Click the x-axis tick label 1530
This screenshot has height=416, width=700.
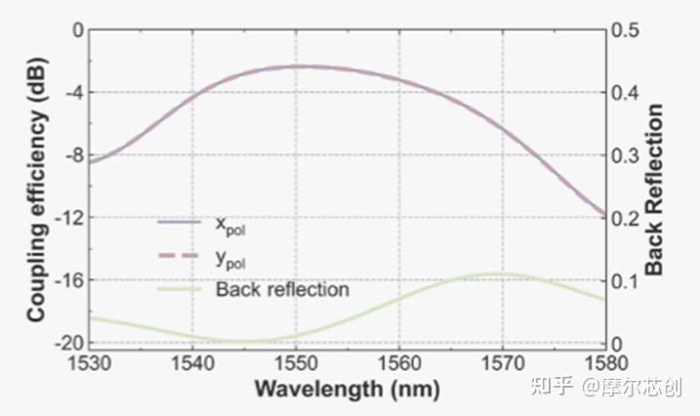pyautogui.click(x=89, y=363)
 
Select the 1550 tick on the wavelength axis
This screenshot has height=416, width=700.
pyautogui.click(x=296, y=363)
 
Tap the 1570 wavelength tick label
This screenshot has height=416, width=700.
pyautogui.click(x=503, y=363)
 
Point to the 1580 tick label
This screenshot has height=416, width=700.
pyautogui.click(x=606, y=363)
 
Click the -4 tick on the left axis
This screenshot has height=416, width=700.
pyautogui.click(x=73, y=93)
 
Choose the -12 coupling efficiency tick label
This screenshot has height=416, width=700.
pyautogui.click(x=68, y=218)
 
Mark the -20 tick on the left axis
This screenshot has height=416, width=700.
pyautogui.click(x=68, y=343)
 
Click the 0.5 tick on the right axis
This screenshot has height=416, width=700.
pyautogui.click(x=626, y=30)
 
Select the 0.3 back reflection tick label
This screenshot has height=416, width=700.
pyautogui.click(x=626, y=156)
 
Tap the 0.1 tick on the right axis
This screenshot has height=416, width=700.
pyautogui.click(x=626, y=281)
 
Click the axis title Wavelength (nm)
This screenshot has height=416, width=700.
pyautogui.click(x=347, y=389)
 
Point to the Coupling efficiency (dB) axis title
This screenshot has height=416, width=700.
pyautogui.click(x=36, y=189)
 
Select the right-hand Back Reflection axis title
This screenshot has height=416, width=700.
pyautogui.click(x=654, y=189)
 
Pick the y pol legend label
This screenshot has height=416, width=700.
pyautogui.click(x=230, y=260)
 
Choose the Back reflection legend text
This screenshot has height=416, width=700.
pyautogui.click(x=282, y=290)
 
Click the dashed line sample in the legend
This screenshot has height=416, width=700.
pyautogui.click(x=179, y=256)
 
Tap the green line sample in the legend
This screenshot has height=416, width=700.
pyautogui.click(x=180, y=290)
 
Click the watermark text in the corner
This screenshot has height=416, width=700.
pyautogui.click(x=606, y=387)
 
